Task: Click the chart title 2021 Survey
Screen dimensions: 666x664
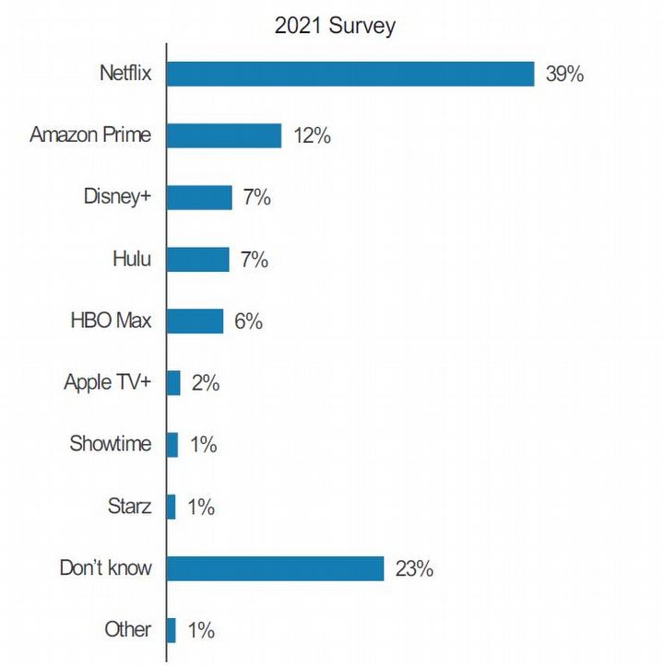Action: (x=335, y=25)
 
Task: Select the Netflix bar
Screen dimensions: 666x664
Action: (x=350, y=74)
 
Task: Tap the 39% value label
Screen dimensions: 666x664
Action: (x=564, y=75)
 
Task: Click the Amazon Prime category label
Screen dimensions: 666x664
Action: (x=90, y=135)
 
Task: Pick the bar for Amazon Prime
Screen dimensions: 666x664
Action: (x=224, y=135)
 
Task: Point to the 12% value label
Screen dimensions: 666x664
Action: (x=312, y=136)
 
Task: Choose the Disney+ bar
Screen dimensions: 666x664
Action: (x=199, y=197)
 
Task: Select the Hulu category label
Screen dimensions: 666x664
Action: (x=132, y=259)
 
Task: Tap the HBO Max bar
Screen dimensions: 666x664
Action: (x=196, y=321)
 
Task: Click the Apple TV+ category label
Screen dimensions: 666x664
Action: (x=107, y=382)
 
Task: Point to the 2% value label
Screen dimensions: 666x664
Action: (x=205, y=383)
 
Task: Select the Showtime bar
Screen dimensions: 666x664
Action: (x=172, y=445)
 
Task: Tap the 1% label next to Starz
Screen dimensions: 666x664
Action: (x=200, y=507)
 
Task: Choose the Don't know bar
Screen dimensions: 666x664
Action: (x=275, y=568)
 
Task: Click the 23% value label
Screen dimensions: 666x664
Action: (x=414, y=569)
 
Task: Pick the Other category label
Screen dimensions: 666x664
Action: (x=128, y=629)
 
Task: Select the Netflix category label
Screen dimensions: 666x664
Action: (x=125, y=74)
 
